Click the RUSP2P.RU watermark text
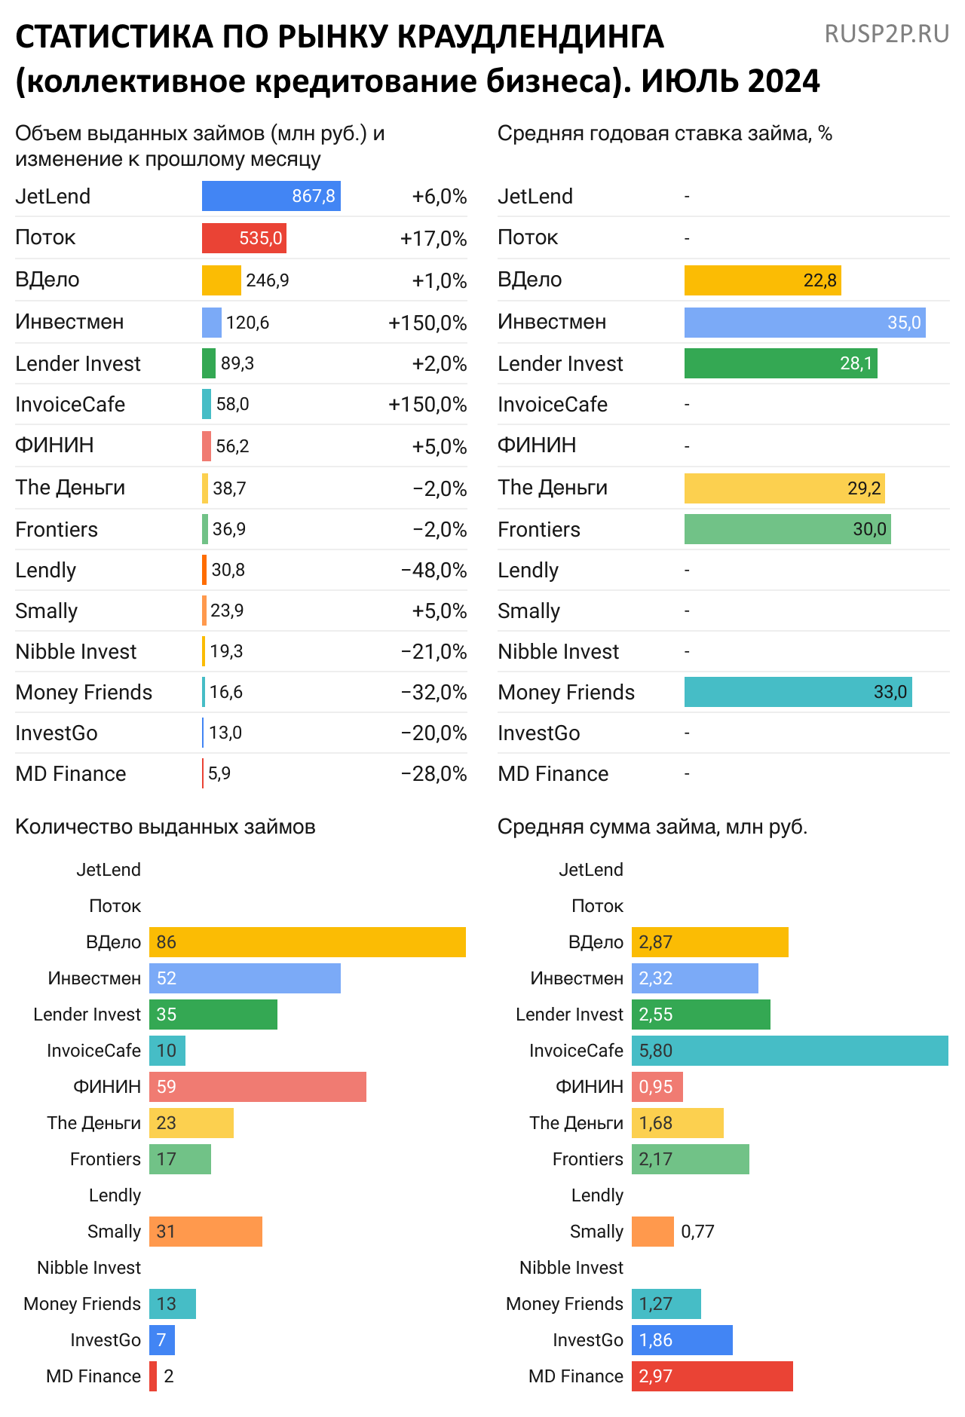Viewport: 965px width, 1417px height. click(887, 34)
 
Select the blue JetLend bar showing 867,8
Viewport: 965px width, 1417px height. click(271, 196)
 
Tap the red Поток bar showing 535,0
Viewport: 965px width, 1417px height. click(244, 238)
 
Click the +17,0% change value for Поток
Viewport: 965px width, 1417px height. click(433, 239)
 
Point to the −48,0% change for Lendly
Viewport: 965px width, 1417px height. click(434, 571)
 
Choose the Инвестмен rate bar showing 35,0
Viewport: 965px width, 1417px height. click(804, 323)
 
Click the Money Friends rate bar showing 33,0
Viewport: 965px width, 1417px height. click(798, 692)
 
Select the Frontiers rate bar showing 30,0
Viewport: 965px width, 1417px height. click(787, 529)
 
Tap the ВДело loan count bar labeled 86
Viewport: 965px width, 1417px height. click(307, 942)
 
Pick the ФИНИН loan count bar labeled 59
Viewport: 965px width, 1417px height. click(257, 1087)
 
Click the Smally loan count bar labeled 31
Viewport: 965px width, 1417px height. click(205, 1232)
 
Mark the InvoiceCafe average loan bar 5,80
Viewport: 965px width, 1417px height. click(789, 1051)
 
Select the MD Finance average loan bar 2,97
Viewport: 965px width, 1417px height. click(712, 1376)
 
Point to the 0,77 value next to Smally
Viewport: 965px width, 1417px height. click(697, 1232)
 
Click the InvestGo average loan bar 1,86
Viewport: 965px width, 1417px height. click(682, 1340)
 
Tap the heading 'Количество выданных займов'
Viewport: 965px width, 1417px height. click(165, 827)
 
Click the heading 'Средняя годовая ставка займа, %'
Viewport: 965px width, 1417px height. click(664, 133)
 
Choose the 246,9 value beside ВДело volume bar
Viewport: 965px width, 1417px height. click(267, 280)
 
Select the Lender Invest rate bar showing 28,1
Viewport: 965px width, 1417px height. click(780, 363)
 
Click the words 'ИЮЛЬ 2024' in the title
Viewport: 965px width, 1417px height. click(730, 81)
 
